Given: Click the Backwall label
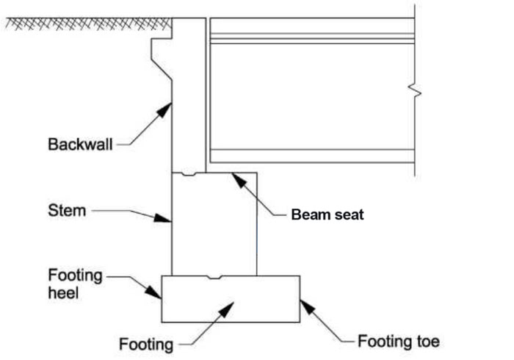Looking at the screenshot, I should [81, 144].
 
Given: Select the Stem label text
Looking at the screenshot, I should [67, 211].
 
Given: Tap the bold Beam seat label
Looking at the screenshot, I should [327, 215].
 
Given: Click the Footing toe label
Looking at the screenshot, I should [399, 342].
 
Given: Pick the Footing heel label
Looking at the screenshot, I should [73, 285].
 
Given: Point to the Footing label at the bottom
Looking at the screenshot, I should [146, 344].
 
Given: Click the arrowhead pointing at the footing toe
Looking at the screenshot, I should [305, 303].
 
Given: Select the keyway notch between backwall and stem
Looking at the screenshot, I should [189, 174].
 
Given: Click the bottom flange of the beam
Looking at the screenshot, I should [312, 156].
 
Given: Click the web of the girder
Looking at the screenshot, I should [312, 96].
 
